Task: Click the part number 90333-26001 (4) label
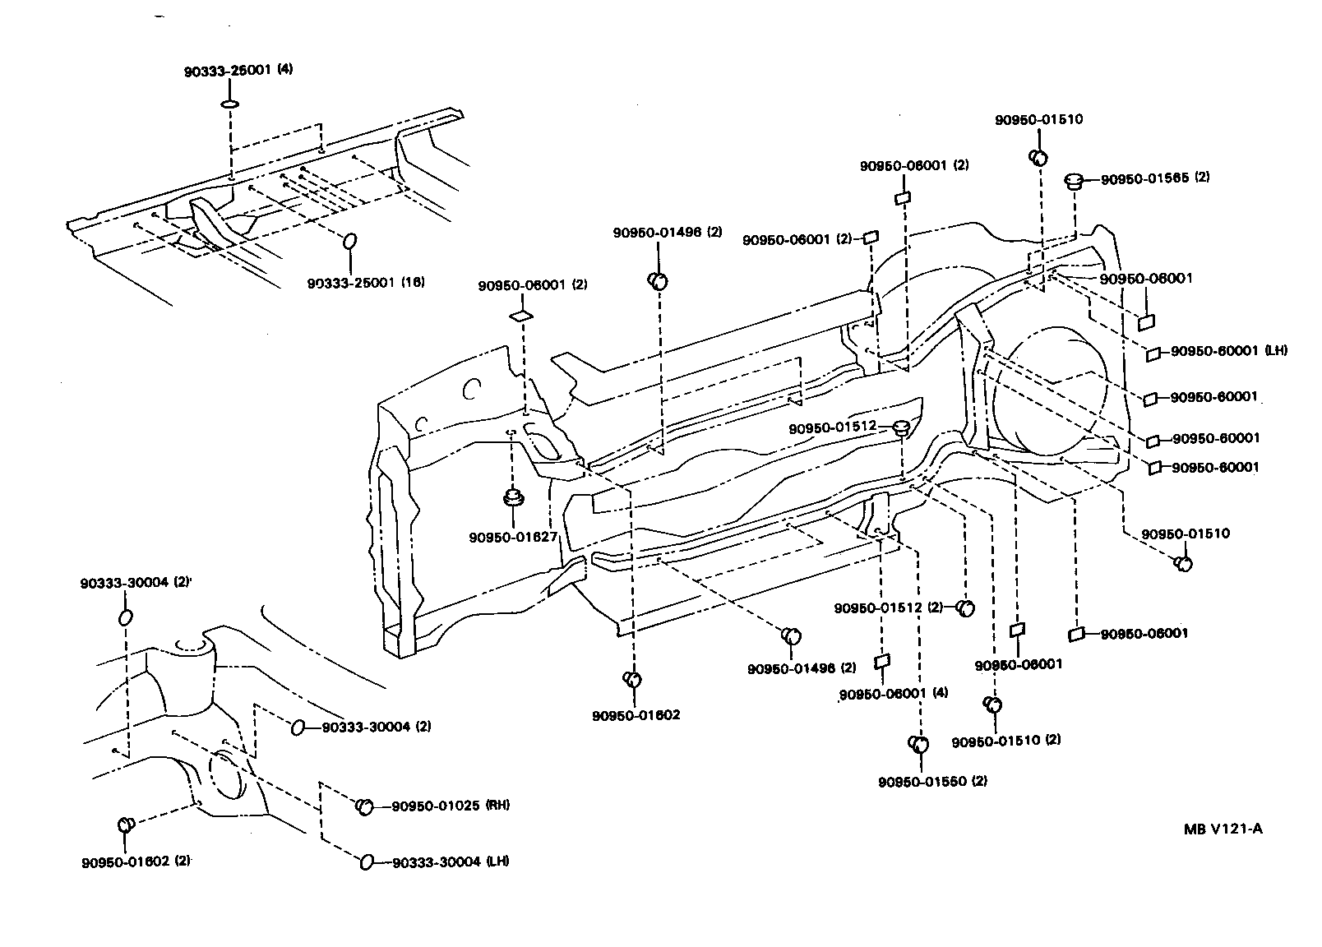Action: (238, 71)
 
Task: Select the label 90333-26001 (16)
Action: (366, 283)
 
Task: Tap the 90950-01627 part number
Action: (513, 538)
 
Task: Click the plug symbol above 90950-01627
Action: (513, 498)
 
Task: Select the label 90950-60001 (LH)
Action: (1228, 351)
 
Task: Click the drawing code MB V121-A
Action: (1223, 828)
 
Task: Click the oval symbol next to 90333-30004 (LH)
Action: (367, 862)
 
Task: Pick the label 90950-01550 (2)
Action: (932, 781)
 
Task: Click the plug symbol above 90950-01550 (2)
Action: (918, 744)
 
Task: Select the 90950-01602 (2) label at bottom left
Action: (136, 862)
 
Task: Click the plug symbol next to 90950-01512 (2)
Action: (966, 608)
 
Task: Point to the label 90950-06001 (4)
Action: (894, 694)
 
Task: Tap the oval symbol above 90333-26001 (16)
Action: (349, 241)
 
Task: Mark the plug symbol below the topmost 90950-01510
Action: (1038, 157)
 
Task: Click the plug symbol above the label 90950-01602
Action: (633, 679)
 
